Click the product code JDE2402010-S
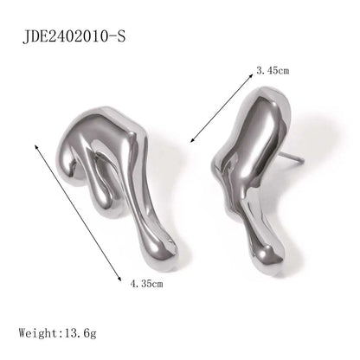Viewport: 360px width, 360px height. pyautogui.click(x=74, y=36)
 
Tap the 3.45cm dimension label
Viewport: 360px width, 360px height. pyautogui.click(x=273, y=70)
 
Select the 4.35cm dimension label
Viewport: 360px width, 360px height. pyautogui.click(x=146, y=284)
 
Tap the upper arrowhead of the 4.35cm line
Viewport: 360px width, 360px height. pyautogui.click(x=36, y=146)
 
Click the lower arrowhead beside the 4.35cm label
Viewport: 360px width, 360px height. pyautogui.click(x=119, y=278)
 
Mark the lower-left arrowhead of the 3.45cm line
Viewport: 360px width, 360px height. pyautogui.click(x=193, y=140)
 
